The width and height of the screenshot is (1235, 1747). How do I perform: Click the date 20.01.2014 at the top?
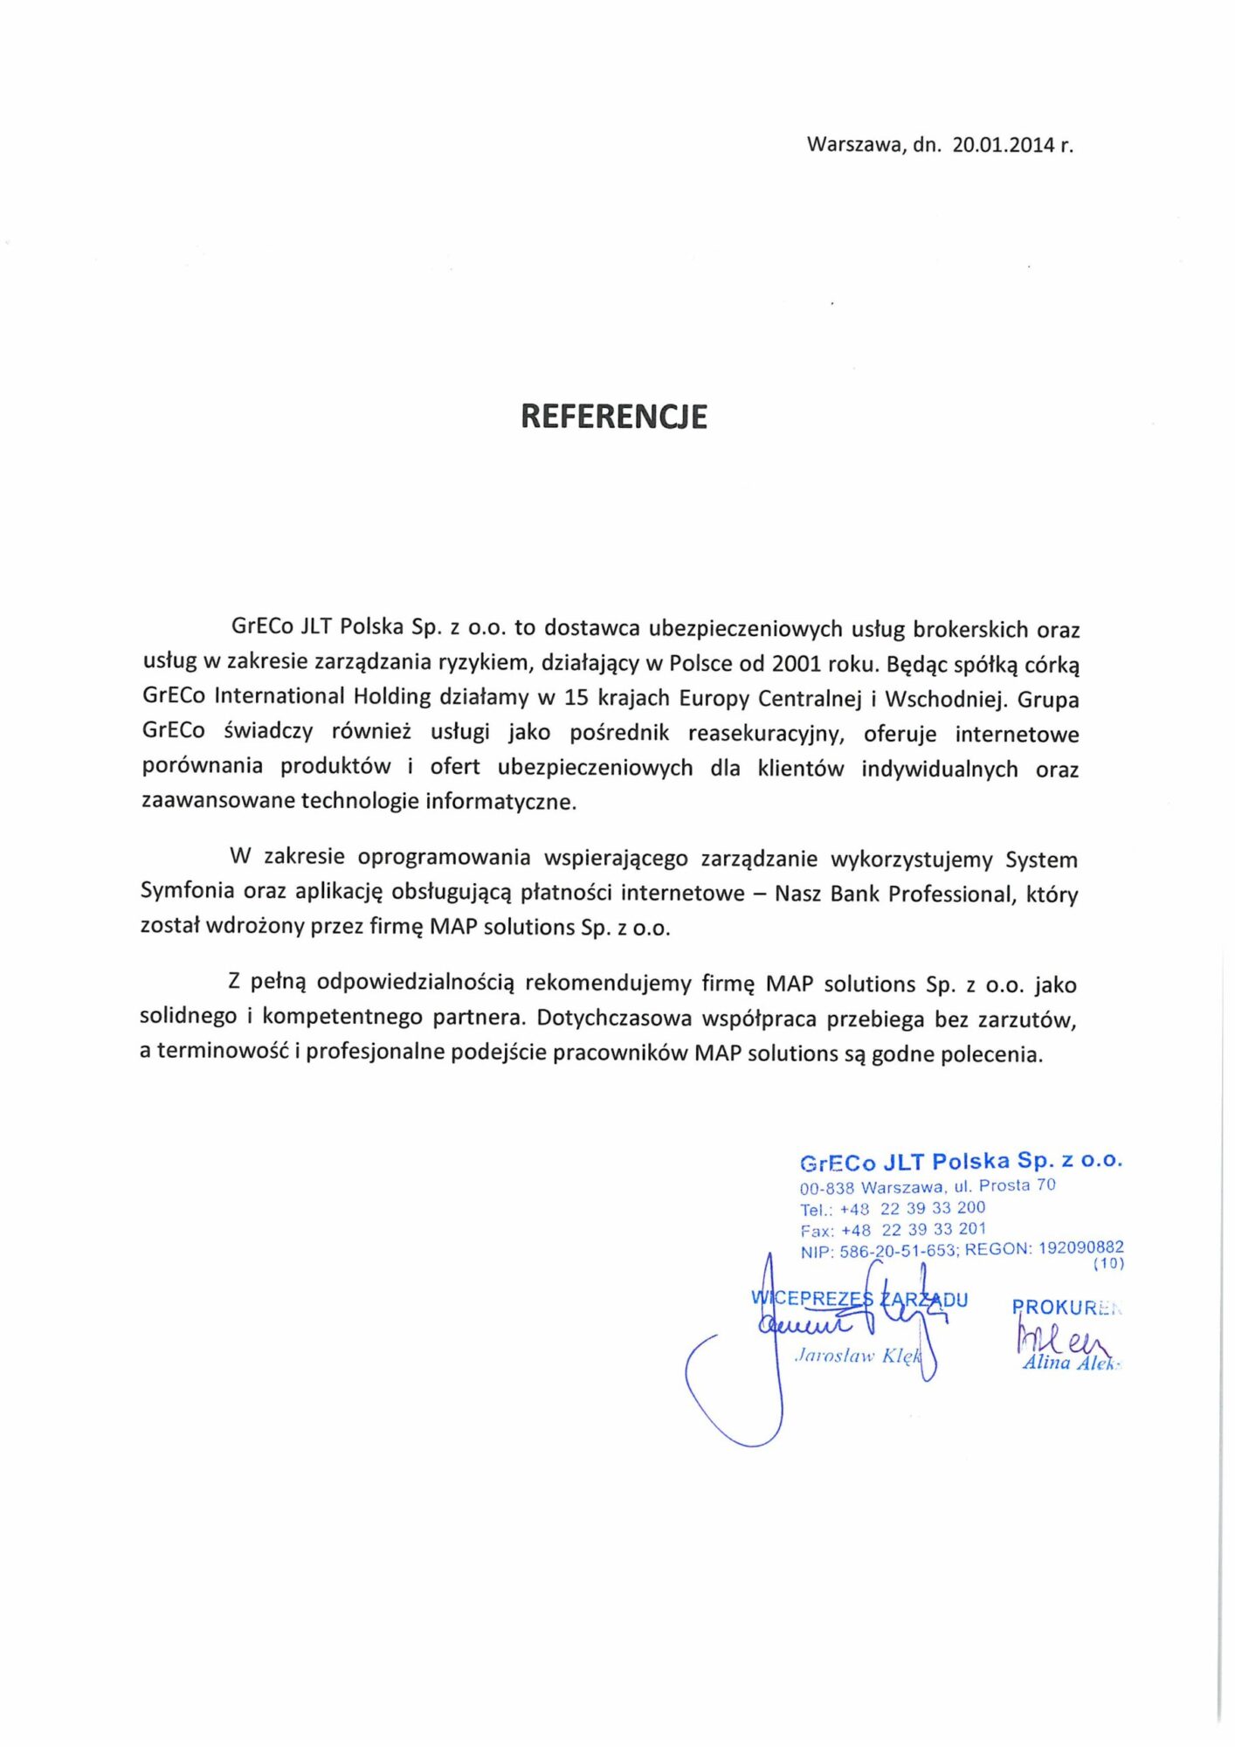(1004, 145)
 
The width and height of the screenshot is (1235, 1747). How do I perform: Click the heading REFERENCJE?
(613, 417)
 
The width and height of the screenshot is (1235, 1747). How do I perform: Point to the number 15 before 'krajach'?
(576, 698)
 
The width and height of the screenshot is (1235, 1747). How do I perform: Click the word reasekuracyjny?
(766, 733)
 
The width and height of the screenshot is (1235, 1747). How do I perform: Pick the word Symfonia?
(187, 891)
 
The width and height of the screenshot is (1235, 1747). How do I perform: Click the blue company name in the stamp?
(960, 1162)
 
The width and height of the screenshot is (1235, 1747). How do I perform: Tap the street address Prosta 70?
(1017, 1185)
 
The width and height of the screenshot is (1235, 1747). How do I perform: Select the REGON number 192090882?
(1080, 1247)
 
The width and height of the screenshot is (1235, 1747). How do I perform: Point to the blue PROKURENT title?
(1065, 1307)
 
